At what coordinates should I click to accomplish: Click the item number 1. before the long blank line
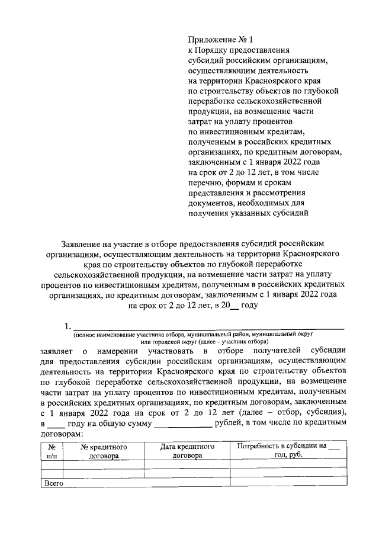point(68,326)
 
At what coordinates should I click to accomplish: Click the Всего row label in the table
point(54,483)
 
